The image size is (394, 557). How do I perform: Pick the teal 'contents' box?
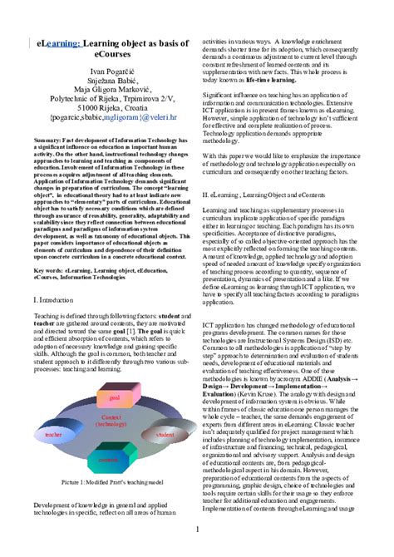(109, 458)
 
